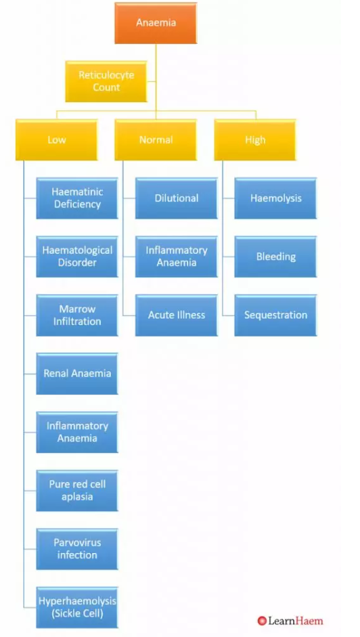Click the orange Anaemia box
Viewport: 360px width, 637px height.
(x=156, y=23)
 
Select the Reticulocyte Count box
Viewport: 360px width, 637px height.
(x=106, y=81)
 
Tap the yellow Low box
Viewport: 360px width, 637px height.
(x=56, y=139)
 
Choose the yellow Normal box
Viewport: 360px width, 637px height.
(x=156, y=139)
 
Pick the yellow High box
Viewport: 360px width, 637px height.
(x=255, y=139)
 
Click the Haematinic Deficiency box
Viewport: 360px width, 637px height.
(x=77, y=198)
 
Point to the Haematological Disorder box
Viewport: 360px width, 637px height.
(x=77, y=257)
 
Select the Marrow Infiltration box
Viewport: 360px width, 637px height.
(x=77, y=315)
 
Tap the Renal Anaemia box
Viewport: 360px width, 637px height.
(x=77, y=374)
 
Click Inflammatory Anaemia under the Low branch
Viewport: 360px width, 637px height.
(x=77, y=433)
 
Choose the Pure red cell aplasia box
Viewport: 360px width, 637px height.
(x=77, y=491)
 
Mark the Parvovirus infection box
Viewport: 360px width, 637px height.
(x=77, y=549)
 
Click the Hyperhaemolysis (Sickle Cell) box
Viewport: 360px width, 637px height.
(x=77, y=608)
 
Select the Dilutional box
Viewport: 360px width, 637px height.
(x=177, y=198)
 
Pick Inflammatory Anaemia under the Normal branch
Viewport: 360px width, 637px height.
(x=177, y=257)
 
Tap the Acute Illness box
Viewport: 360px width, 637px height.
(x=177, y=315)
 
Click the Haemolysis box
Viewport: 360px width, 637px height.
(x=275, y=198)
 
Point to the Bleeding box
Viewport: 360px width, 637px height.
(x=275, y=257)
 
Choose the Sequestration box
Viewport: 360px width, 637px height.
(x=275, y=315)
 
